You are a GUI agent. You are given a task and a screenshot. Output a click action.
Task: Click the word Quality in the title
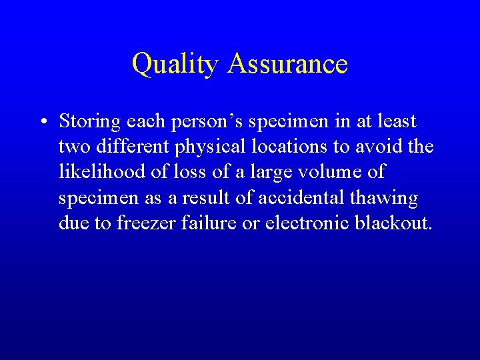175,65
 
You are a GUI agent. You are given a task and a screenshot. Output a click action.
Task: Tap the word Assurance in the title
287,64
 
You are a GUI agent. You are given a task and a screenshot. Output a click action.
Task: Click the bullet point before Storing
42,122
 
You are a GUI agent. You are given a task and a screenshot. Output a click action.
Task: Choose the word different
125,147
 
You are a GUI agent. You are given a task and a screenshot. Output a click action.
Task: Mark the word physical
203,147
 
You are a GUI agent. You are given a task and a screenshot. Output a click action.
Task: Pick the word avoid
380,147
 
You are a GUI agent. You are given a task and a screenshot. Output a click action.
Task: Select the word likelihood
104,172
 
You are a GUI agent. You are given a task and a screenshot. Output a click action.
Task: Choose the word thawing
389,197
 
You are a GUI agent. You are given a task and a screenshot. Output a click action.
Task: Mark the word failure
206,223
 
